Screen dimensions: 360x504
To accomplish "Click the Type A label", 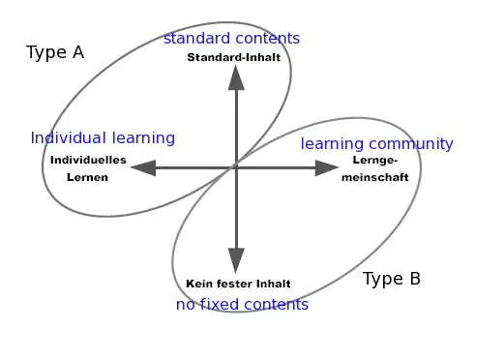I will (x=55, y=52).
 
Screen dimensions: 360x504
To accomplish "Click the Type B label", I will (x=391, y=279).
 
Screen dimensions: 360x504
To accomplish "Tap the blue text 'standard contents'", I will (x=231, y=39).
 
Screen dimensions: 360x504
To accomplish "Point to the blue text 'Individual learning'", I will (x=103, y=138).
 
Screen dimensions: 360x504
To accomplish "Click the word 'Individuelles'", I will (x=88, y=160).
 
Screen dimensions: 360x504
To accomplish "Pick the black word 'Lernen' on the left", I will (x=87, y=177).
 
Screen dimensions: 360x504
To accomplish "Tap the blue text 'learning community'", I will (x=376, y=144).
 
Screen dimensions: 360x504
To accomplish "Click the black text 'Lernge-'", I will (x=374, y=161).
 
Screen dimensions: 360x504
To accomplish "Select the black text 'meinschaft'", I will (x=375, y=177).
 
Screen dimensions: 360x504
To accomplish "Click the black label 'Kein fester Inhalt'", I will (x=238, y=284).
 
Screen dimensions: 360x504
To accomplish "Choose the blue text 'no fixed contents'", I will (x=242, y=305).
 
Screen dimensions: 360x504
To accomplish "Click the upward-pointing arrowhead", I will (x=236, y=77).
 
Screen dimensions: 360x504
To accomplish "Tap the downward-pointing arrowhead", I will (x=236, y=259).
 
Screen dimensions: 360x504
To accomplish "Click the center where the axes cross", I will (x=236, y=168).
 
